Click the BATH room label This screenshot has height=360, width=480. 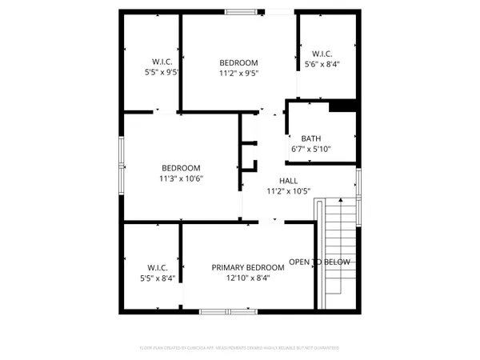click(312, 138)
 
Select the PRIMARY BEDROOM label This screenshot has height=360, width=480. click(247, 267)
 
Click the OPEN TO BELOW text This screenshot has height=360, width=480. click(319, 262)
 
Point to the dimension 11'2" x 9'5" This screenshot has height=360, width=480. click(239, 73)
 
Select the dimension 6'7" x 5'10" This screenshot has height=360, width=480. click(312, 149)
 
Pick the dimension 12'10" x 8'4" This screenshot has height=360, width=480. click(247, 278)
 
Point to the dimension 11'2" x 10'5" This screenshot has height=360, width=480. click(288, 191)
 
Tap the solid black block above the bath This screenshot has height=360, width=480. click(342, 106)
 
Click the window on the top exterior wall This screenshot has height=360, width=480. click(238, 11)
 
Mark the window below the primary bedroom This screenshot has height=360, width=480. click(224, 310)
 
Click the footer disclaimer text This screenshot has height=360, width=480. click(240, 349)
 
